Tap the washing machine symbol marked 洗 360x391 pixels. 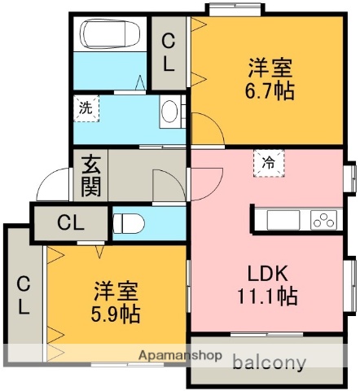86,108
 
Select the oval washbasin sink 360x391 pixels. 169,112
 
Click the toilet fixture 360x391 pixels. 128,223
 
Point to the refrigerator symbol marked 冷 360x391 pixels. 269,163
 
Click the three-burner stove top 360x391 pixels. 323,220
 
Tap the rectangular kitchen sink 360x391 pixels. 283,220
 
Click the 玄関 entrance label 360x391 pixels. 91,176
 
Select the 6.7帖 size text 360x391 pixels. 270,91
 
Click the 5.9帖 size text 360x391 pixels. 116,314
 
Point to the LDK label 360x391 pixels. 267,274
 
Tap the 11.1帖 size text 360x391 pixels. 267,296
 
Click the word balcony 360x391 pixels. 270,362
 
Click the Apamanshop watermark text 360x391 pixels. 180,355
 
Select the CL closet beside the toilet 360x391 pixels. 71,223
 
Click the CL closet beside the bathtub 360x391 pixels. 169,53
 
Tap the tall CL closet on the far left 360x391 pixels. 24,295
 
